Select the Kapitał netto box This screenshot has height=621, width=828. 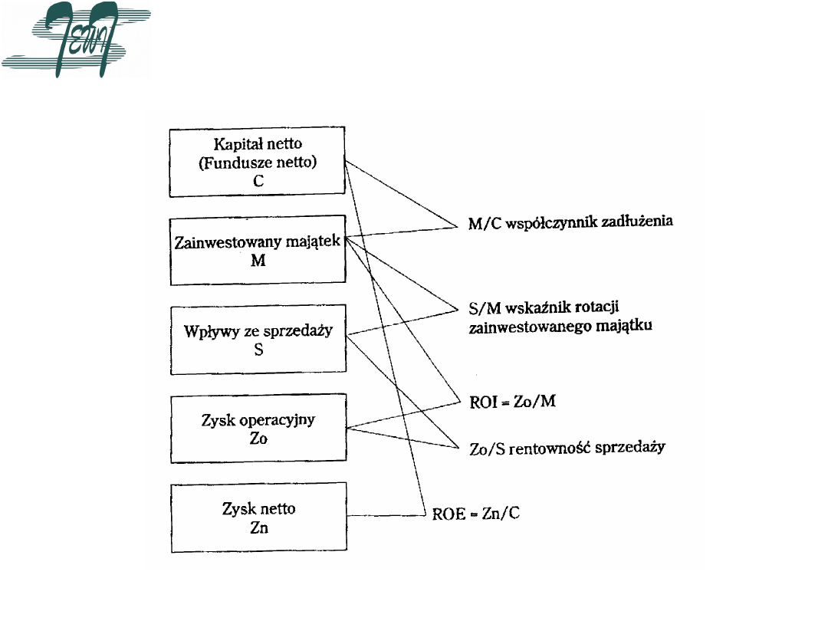tap(257, 162)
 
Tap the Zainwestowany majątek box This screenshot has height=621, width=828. tap(257, 251)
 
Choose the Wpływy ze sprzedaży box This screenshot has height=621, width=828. tap(257, 340)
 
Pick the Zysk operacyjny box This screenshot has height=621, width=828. tap(257, 429)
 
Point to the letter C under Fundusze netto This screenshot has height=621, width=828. tap(258, 180)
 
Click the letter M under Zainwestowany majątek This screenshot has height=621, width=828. tap(258, 261)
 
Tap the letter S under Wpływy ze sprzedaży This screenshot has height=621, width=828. tap(258, 351)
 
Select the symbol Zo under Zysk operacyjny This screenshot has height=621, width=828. tap(258, 439)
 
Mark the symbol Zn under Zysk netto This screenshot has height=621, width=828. tap(258, 527)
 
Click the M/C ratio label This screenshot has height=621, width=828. tap(485, 222)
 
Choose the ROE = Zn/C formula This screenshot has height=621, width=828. tap(475, 513)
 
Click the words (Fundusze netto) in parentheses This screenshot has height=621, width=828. tap(257, 162)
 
